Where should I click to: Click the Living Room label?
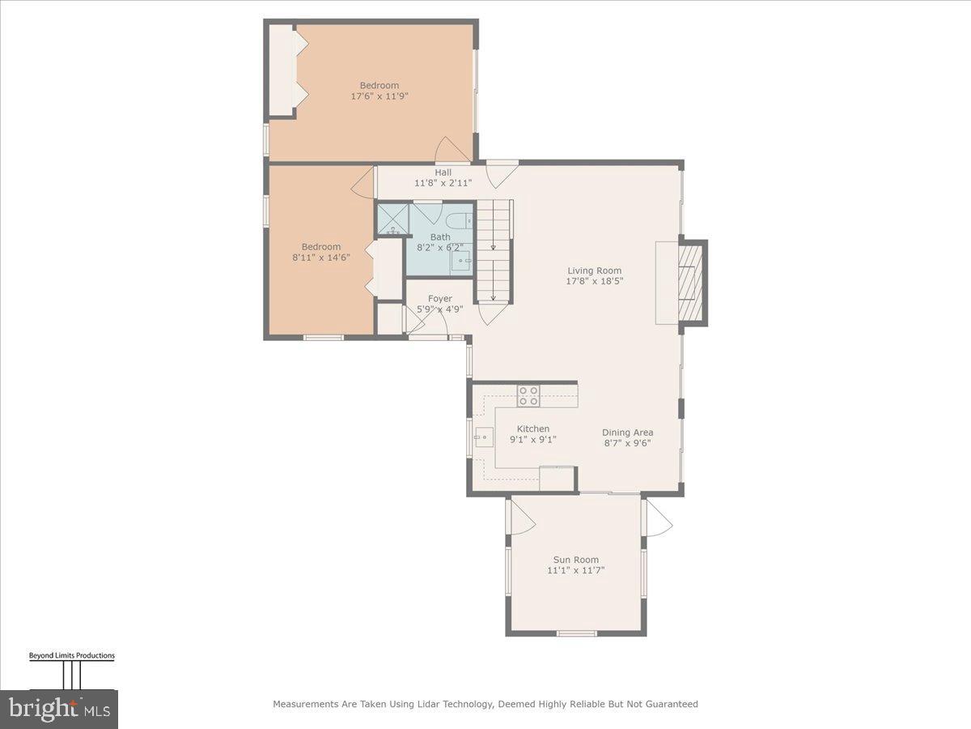pyautogui.click(x=595, y=271)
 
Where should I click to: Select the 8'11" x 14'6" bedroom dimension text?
pyautogui.click(x=321, y=258)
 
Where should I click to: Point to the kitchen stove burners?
pyautogui.click(x=528, y=395)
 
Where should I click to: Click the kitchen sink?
pyautogui.click(x=484, y=438)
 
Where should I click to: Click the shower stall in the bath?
pyautogui.click(x=392, y=219)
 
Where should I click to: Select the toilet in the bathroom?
pyautogui.click(x=458, y=220)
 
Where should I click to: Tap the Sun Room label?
pyautogui.click(x=575, y=560)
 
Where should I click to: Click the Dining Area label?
pyautogui.click(x=627, y=433)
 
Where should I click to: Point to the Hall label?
pyautogui.click(x=443, y=173)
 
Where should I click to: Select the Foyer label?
pyautogui.click(x=440, y=299)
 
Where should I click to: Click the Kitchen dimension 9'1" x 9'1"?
pyautogui.click(x=532, y=440)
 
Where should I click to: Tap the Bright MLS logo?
pyautogui.click(x=58, y=709)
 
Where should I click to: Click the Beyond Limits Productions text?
pyautogui.click(x=71, y=656)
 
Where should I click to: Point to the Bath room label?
pyautogui.click(x=440, y=237)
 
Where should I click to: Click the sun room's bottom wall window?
pyautogui.click(x=576, y=633)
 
